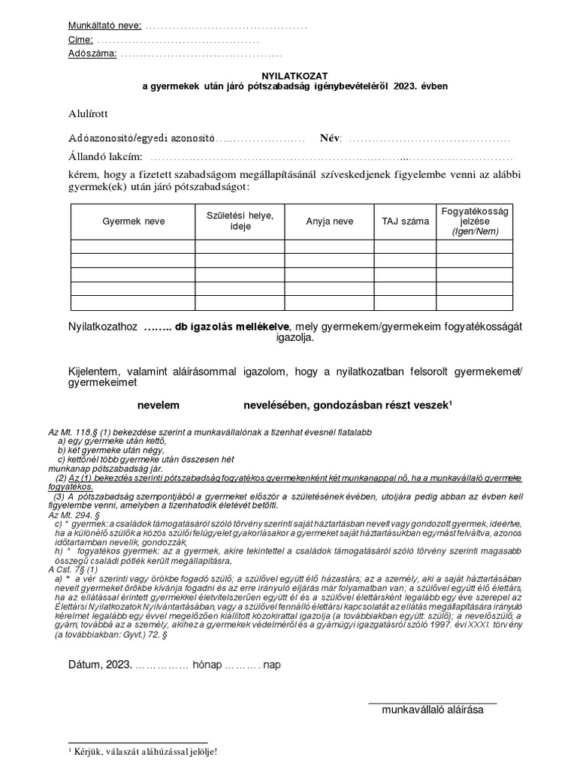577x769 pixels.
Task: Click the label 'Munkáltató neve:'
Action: pos(104,26)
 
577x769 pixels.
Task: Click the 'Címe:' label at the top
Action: pos(80,40)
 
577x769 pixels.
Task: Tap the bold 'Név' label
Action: pos(330,138)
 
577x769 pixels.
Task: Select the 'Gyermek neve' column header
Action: pos(134,222)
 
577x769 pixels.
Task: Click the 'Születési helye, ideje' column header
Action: pos(240,221)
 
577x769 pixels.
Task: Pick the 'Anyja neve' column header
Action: pos(329,222)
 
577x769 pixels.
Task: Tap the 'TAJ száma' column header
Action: pos(405,222)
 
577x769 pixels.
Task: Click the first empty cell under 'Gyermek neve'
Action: pos(134,246)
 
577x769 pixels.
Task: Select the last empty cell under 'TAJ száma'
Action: pos(405,303)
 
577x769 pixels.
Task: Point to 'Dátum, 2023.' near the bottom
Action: pos(100,665)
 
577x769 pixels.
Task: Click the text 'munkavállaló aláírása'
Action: pos(438,709)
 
